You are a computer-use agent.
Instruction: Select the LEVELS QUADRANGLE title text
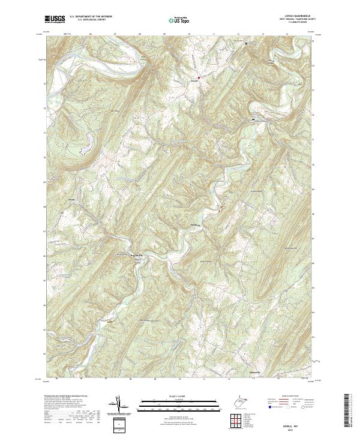pos(293,17)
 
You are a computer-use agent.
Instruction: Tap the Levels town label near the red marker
pos(194,80)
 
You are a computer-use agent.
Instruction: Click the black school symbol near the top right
pos(245,44)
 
